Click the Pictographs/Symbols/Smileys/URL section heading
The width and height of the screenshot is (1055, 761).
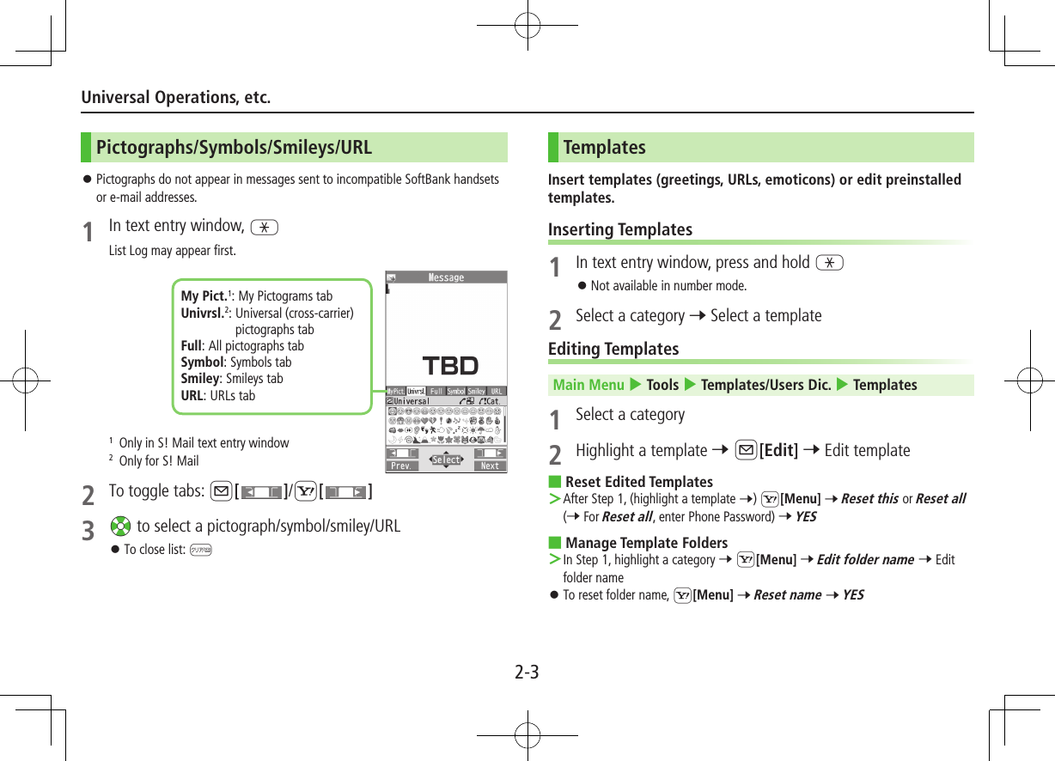(x=234, y=148)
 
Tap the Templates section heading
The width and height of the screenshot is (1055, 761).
(x=604, y=148)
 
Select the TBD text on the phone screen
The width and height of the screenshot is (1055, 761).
(x=450, y=366)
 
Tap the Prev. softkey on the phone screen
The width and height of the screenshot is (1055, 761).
(x=401, y=466)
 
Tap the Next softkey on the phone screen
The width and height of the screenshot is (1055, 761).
(x=490, y=466)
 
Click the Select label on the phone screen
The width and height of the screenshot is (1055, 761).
(x=446, y=460)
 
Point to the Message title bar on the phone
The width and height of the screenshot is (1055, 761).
(x=446, y=277)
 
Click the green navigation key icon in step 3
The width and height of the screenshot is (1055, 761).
(x=120, y=527)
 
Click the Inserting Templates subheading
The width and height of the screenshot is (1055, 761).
(x=619, y=229)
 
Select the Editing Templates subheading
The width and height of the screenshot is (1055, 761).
(x=613, y=349)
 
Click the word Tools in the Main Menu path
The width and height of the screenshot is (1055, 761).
(x=662, y=385)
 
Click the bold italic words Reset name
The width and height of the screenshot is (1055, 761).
(x=787, y=594)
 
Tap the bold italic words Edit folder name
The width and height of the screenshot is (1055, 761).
(x=864, y=559)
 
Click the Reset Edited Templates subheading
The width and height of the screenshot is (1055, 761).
(x=638, y=482)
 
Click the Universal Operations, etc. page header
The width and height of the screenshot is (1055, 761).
(x=175, y=97)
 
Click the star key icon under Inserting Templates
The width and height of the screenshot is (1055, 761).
(x=830, y=263)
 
